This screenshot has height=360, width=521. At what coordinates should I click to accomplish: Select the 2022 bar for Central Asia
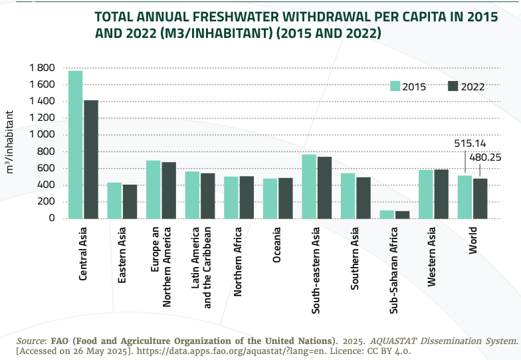(x=91, y=159)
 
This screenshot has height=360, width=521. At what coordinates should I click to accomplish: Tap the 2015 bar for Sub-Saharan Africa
(x=387, y=215)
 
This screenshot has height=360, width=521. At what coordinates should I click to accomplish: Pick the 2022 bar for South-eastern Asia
(x=324, y=187)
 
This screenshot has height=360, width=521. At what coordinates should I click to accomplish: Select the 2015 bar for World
(x=465, y=197)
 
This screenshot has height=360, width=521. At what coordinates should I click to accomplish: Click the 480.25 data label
(x=485, y=157)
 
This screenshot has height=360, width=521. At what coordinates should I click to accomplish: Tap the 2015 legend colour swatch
(x=395, y=86)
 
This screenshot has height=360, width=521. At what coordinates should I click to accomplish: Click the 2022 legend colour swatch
(x=453, y=86)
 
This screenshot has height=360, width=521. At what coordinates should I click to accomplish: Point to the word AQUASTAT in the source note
(x=384, y=341)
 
